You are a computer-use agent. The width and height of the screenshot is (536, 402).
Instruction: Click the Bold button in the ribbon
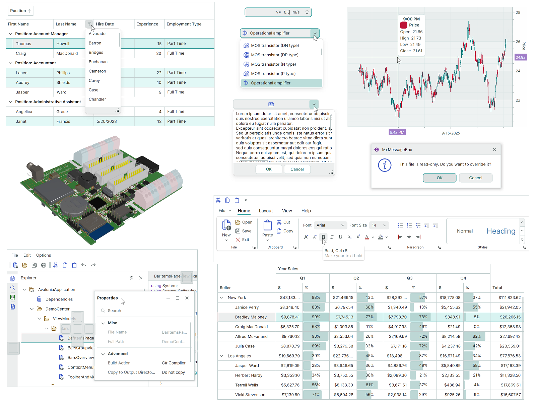pos(323,237)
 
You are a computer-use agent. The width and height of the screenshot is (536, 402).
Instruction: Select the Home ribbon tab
pos(244,211)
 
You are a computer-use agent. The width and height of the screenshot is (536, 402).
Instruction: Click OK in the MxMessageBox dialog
pos(440,178)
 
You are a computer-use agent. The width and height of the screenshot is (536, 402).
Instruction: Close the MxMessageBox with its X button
pos(494,150)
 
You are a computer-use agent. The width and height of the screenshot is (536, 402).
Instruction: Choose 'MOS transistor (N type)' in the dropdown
pos(273,64)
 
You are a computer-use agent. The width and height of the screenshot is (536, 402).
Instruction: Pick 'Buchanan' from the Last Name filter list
pos(98,62)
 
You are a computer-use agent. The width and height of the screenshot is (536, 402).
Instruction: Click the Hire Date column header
pos(105,24)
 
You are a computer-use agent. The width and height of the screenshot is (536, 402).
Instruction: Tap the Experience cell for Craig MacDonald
pos(149,53)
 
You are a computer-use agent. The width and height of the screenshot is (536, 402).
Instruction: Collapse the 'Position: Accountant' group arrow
pos(10,63)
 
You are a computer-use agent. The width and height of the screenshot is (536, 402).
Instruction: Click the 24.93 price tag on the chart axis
pos(520,57)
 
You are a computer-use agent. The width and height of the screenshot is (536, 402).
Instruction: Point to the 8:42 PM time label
pos(397,132)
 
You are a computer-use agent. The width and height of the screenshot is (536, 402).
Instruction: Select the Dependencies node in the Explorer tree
pos(59,299)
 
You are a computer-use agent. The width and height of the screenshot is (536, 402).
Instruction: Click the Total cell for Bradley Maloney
pos(507,317)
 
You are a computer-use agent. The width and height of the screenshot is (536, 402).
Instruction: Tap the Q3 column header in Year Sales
pos(409,278)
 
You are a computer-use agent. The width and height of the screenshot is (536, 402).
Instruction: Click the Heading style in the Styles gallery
pos(501,231)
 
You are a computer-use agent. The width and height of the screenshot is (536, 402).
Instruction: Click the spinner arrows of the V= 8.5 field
pos(307,12)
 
